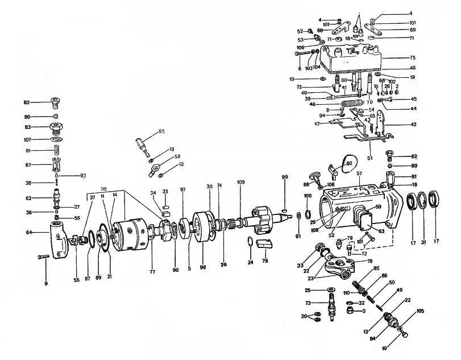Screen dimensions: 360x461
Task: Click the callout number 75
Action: coord(413,57)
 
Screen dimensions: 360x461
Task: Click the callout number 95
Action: coord(161,131)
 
